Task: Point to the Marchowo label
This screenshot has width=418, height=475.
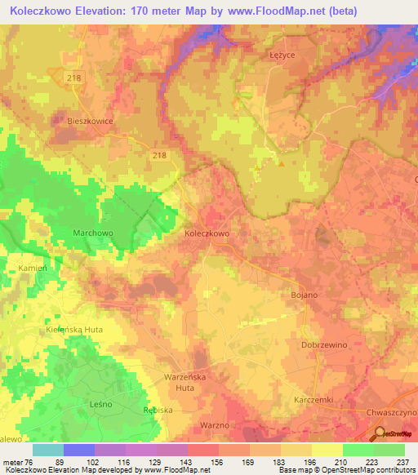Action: click(81, 233)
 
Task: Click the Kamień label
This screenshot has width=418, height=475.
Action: click(33, 268)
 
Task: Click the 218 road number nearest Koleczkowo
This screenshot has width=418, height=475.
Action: click(158, 153)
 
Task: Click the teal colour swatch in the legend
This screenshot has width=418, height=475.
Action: click(47, 450)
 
